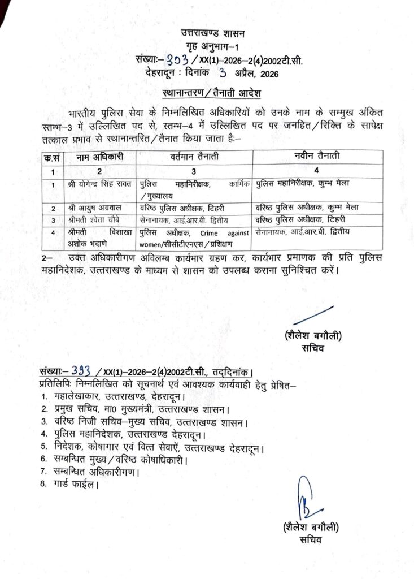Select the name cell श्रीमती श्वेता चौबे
click(x=92, y=220)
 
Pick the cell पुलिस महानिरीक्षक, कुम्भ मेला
click(x=308, y=184)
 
